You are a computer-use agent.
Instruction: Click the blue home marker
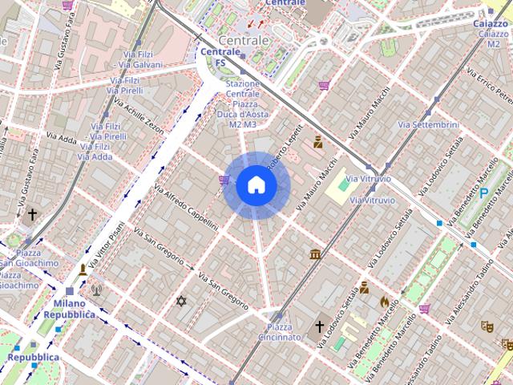[x=256, y=185]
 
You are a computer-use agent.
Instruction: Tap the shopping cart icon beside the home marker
[x=224, y=180]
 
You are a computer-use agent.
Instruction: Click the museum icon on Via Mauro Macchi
[x=315, y=254]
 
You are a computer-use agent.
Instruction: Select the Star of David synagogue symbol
[x=180, y=301]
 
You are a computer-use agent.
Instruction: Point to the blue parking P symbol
[x=483, y=193]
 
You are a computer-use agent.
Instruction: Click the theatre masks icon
[x=486, y=326]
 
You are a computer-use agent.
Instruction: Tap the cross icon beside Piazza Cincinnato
[x=319, y=326]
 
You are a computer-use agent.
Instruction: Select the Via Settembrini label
[x=428, y=125]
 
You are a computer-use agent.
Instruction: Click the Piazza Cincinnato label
[x=279, y=332]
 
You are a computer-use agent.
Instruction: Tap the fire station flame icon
[x=384, y=302]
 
